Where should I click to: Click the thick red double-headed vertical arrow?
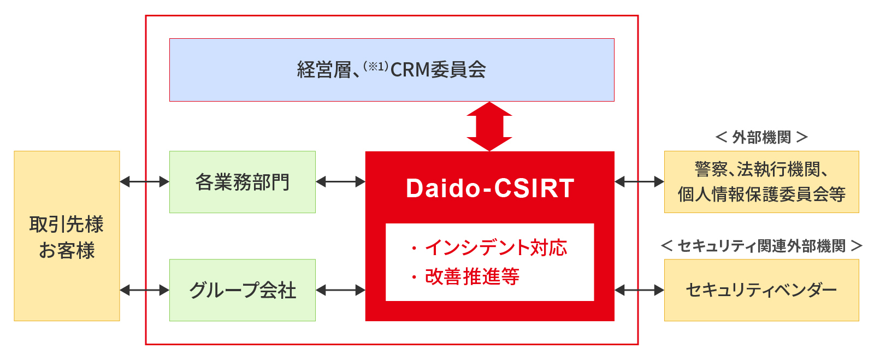tap(489, 126)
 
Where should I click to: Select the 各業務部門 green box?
tap(243, 182)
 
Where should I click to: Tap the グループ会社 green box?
tap(243, 290)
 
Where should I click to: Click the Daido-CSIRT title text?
tap(490, 188)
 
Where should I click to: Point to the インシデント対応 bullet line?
tap(489, 247)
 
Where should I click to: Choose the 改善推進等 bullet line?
tap(465, 277)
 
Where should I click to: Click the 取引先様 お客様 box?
tap(67, 236)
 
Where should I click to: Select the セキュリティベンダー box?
tap(761, 290)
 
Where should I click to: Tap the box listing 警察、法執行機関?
tap(761, 182)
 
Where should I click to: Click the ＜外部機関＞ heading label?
tap(761, 137)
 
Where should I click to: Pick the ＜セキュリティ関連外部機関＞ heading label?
tap(761, 246)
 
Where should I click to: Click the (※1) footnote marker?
tap(376, 66)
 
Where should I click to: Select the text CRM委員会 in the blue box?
tap(438, 70)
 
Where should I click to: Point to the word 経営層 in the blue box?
tap(324, 70)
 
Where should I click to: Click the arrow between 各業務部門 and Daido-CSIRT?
tap(341, 182)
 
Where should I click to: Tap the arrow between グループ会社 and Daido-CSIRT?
tap(341, 290)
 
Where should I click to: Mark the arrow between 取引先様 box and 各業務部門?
tap(145, 182)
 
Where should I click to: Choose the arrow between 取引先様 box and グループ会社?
tap(145, 290)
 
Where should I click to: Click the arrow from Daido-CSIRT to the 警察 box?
tap(640, 182)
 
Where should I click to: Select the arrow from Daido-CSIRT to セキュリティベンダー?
tap(640, 290)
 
